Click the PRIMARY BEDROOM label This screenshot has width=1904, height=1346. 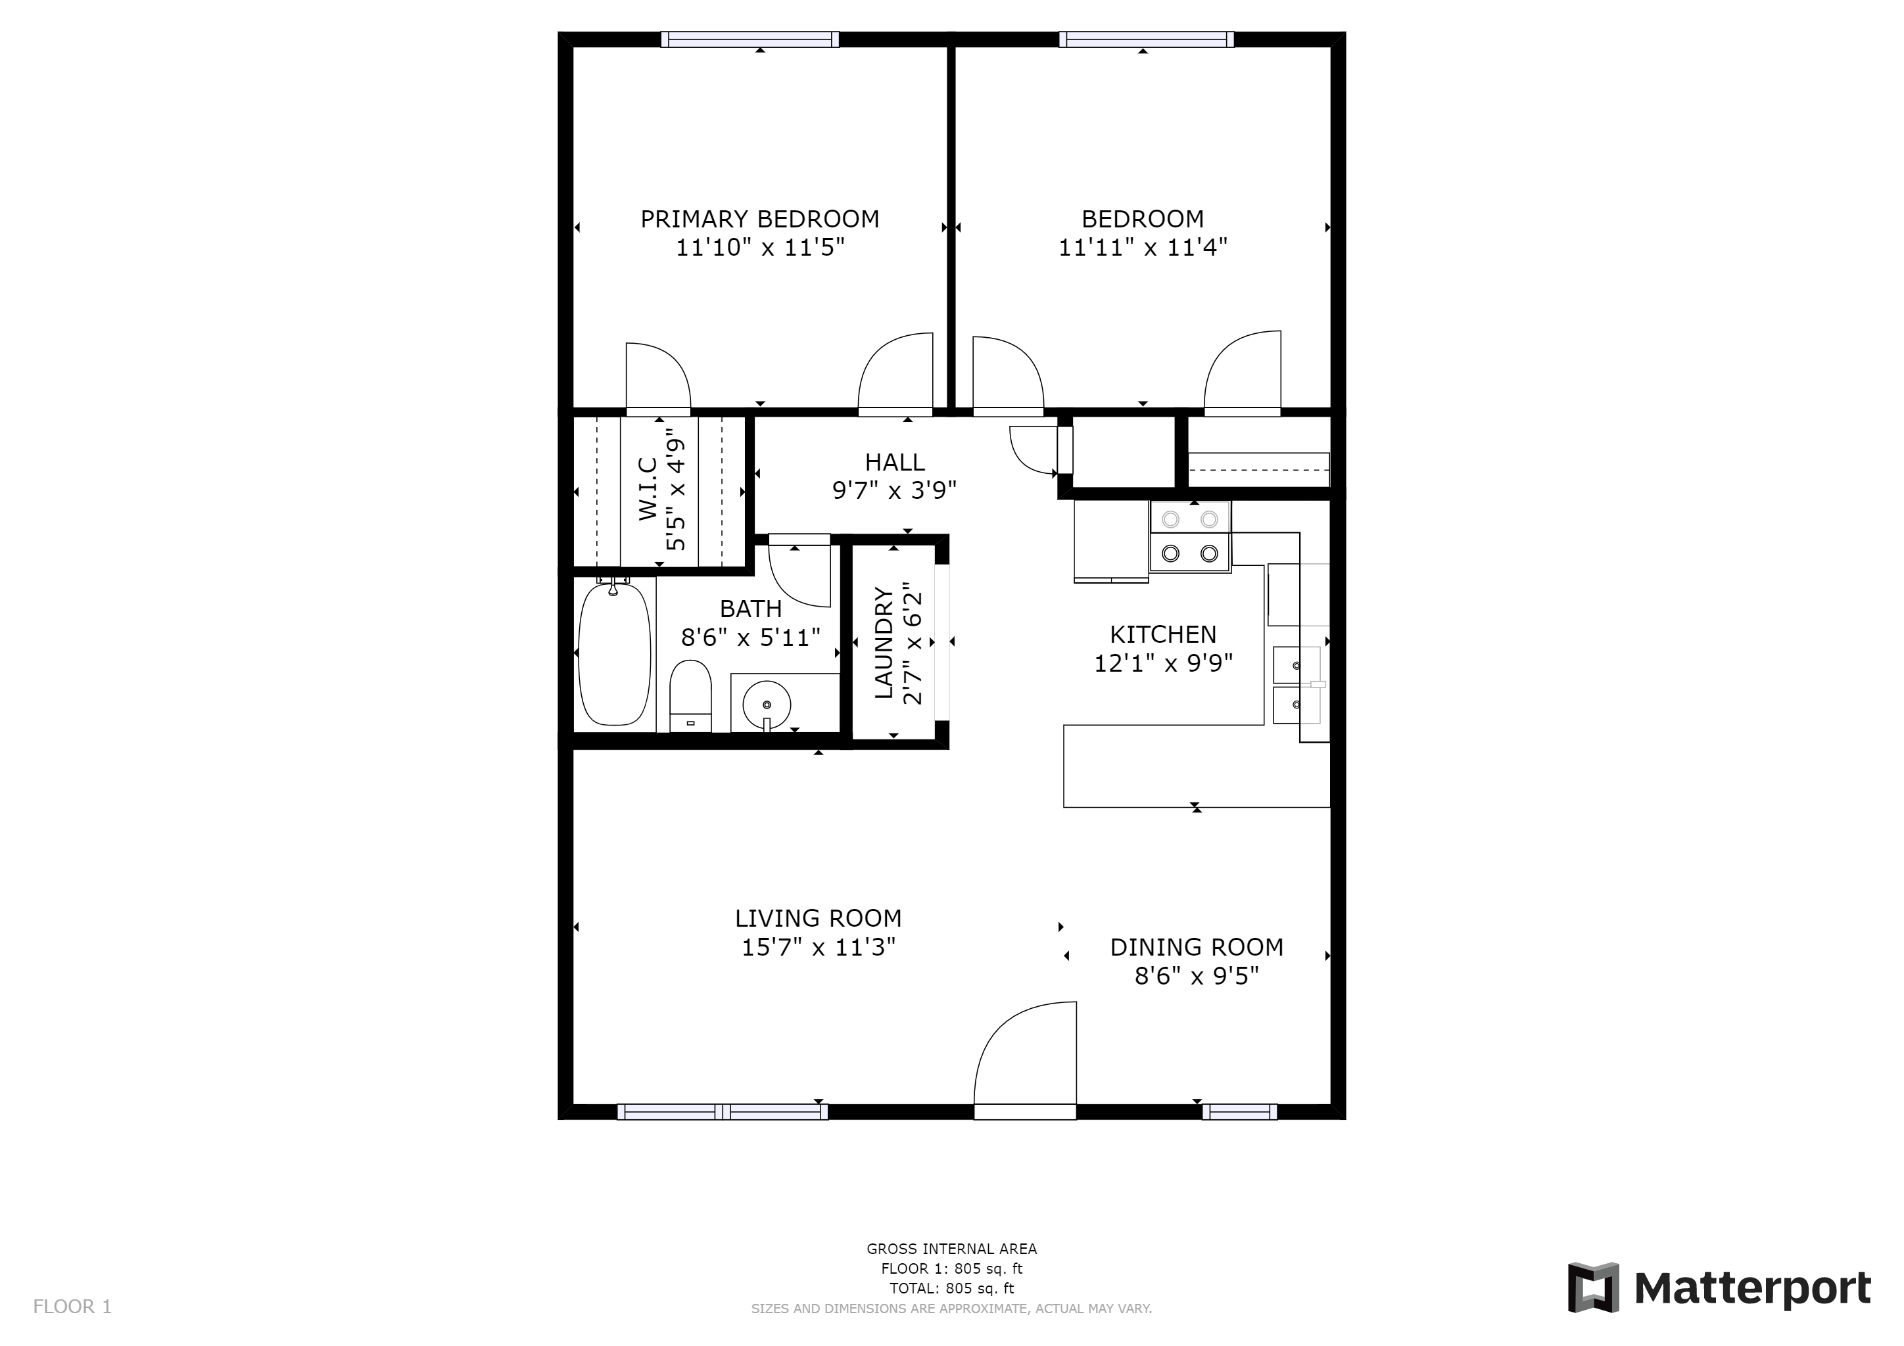759,219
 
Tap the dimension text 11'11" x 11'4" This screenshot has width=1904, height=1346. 1142,248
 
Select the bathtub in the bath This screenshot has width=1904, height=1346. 613,655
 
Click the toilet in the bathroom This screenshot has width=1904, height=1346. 690,695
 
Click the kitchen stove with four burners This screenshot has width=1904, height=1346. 1189,536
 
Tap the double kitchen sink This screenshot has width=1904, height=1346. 1296,685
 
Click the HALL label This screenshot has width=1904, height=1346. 894,461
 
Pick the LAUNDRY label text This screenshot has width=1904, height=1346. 884,642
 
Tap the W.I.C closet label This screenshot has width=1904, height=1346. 648,489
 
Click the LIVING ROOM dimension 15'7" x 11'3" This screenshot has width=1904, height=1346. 818,947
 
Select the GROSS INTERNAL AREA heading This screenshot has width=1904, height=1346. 951,1249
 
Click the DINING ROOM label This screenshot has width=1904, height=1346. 1196,947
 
